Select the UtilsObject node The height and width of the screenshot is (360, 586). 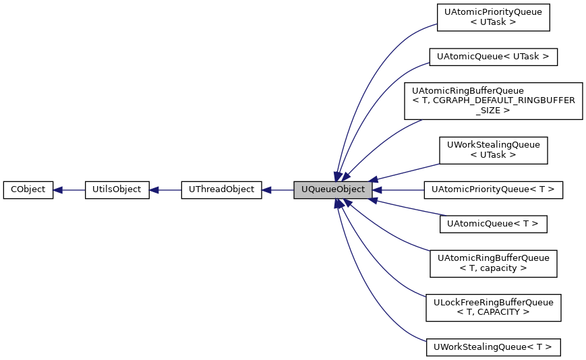(117, 190)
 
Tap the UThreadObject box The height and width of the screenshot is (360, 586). (221, 190)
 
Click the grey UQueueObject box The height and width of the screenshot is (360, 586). (332, 190)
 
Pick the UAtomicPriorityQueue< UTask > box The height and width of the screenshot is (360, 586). (494, 17)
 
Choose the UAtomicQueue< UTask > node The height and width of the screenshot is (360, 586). (494, 57)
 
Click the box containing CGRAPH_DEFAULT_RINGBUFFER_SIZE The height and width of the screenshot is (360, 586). (494, 100)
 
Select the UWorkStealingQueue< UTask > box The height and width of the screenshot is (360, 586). (494, 150)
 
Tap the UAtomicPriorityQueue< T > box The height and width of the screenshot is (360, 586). (493, 190)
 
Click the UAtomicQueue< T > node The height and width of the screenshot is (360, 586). (493, 224)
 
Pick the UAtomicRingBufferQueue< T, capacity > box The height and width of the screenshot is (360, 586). (494, 263)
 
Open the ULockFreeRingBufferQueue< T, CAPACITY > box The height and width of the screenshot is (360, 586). (494, 307)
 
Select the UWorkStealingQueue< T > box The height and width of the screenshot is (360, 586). (493, 347)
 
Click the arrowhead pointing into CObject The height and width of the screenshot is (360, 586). (58, 190)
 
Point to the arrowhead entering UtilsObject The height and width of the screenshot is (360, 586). (154, 190)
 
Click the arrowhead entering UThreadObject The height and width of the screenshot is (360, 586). (266, 190)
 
